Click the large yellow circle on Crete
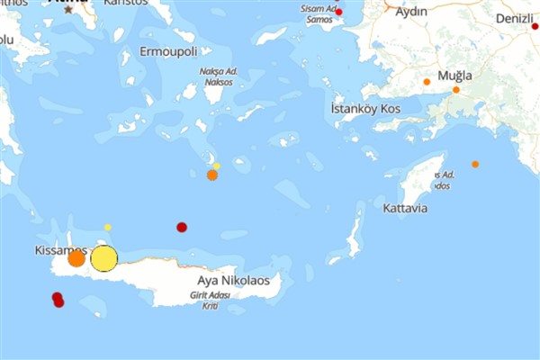click(104, 258)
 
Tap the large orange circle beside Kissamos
click(76, 258)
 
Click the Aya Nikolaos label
click(233, 281)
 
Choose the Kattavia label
click(404, 208)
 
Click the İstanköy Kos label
click(365, 109)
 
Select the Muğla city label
click(454, 75)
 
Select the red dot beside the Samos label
click(338, 12)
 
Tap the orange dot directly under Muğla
click(456, 90)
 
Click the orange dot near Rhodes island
click(475, 164)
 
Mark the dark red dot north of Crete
click(182, 227)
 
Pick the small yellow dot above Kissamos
click(108, 227)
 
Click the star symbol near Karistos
click(68, 9)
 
